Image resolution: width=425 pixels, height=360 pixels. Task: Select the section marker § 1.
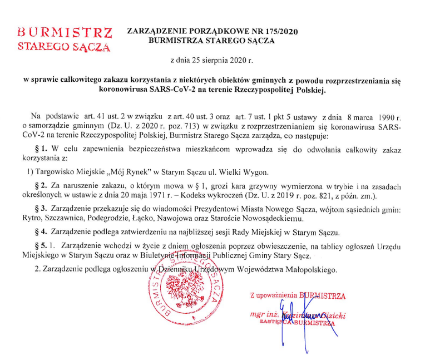[41, 150]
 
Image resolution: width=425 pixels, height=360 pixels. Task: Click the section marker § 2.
[41, 185]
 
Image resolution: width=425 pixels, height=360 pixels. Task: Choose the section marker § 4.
[41, 231]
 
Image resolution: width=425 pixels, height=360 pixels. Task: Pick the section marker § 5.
[41, 245]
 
